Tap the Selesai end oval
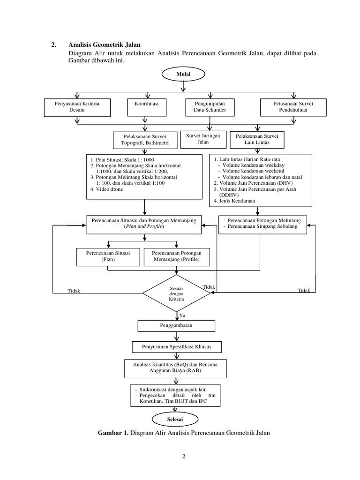(176, 419)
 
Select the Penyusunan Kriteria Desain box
(77, 107)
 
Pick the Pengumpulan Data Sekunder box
(210, 107)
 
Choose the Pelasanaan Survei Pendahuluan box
(293, 107)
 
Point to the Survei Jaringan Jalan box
(203, 139)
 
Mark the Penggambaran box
(176, 325)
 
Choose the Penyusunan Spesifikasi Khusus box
(176, 347)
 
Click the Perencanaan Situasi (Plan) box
(108, 256)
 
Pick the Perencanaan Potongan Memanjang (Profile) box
(176, 256)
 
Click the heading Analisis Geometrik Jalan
(101, 45)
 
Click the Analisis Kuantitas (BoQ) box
(176, 368)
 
